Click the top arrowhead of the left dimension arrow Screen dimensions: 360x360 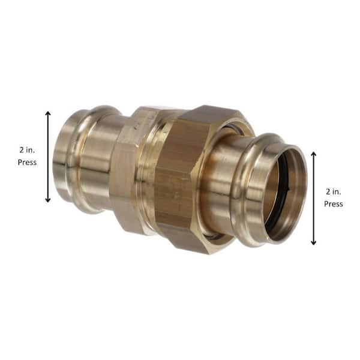pos(48,113)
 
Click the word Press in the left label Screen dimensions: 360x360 pos(27,162)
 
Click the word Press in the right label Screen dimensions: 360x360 pos(334,204)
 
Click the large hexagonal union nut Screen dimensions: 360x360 pos(180,174)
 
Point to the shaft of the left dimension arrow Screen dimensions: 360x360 pos(48,156)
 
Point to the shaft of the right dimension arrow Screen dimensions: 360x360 pos(313,198)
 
